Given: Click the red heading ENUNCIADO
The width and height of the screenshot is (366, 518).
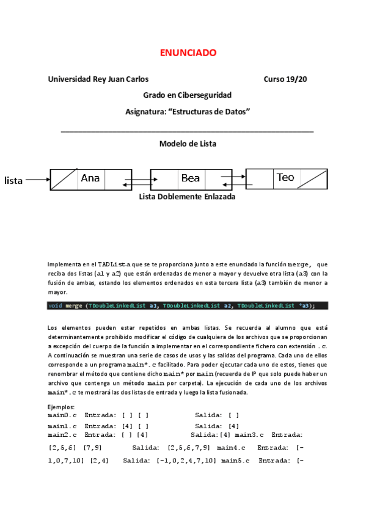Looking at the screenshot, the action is click(x=188, y=53).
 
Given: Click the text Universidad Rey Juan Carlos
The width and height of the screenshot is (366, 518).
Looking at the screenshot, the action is click(x=98, y=79).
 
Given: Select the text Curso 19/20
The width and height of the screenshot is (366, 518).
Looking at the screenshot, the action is click(x=285, y=79).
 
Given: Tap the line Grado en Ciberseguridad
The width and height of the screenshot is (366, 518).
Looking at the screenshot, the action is click(x=187, y=95).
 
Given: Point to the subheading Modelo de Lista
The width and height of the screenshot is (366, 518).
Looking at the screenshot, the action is click(x=188, y=144).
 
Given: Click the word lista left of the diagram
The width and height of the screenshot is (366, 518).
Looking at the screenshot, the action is click(x=13, y=180).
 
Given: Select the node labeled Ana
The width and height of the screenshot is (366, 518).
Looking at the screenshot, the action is click(x=90, y=178).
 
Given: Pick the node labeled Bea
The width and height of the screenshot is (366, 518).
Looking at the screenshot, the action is click(x=191, y=178).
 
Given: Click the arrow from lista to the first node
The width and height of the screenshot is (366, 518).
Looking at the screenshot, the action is click(x=38, y=180).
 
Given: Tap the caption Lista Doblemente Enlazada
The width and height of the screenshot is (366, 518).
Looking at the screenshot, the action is click(x=187, y=197).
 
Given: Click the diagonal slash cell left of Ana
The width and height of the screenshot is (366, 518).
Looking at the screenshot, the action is click(x=64, y=179).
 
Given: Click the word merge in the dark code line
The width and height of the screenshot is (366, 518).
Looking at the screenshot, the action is click(x=74, y=305).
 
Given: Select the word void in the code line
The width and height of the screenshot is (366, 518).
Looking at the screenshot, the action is click(x=55, y=305).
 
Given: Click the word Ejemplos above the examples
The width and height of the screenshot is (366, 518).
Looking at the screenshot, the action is click(x=61, y=407).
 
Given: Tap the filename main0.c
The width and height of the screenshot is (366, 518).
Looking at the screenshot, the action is click(x=62, y=415).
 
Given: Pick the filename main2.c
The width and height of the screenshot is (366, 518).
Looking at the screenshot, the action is click(x=62, y=435).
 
